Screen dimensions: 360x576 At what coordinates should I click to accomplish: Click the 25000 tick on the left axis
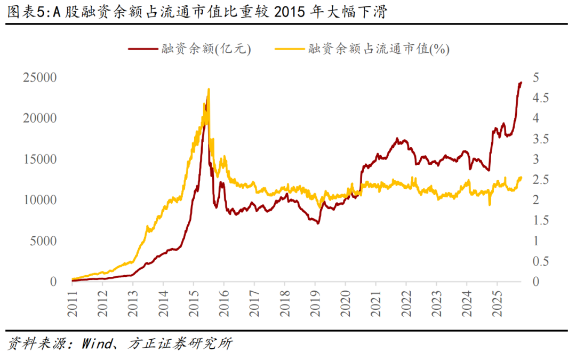pos(39,77)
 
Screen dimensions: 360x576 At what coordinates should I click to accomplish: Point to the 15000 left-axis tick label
pos(39,159)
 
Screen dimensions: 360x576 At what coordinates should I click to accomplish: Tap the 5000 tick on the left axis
pos(42,241)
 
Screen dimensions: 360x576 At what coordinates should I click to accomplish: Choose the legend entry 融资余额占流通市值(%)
pos(379,49)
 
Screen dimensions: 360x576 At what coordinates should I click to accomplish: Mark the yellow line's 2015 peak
pos(209,90)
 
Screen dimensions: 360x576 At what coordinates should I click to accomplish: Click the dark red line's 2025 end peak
pos(521,83)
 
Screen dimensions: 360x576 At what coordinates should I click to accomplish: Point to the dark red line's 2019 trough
pos(318,223)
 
